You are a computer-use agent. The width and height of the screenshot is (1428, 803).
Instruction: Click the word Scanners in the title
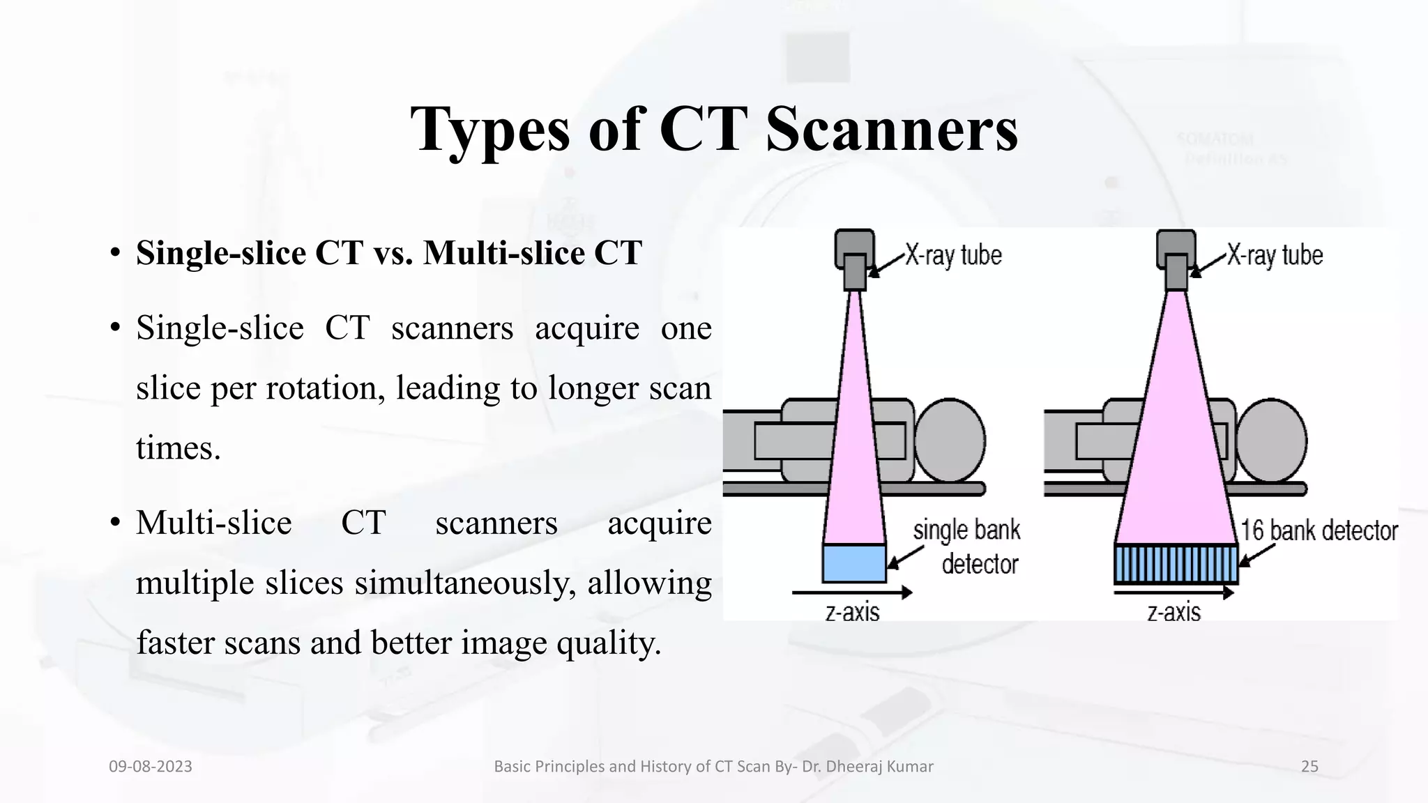point(891,130)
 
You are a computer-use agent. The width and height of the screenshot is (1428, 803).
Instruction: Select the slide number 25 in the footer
point(1309,767)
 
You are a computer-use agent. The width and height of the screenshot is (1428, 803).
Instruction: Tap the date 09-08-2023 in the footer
point(151,767)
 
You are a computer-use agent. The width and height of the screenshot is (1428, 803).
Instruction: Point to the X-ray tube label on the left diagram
point(953,256)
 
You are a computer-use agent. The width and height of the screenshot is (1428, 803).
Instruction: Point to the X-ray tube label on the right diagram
point(1275,256)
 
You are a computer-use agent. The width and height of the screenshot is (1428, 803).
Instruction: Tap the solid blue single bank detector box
point(853,563)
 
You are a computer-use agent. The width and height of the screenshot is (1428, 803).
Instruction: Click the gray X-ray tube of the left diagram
point(854,258)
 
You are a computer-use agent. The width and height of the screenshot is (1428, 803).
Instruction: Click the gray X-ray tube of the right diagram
point(1176,258)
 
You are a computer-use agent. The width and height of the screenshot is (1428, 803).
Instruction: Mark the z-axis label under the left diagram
point(852,613)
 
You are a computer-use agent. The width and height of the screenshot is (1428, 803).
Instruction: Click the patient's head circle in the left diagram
point(950,441)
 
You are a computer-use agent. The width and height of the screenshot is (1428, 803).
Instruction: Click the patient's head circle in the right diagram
point(1271,441)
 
